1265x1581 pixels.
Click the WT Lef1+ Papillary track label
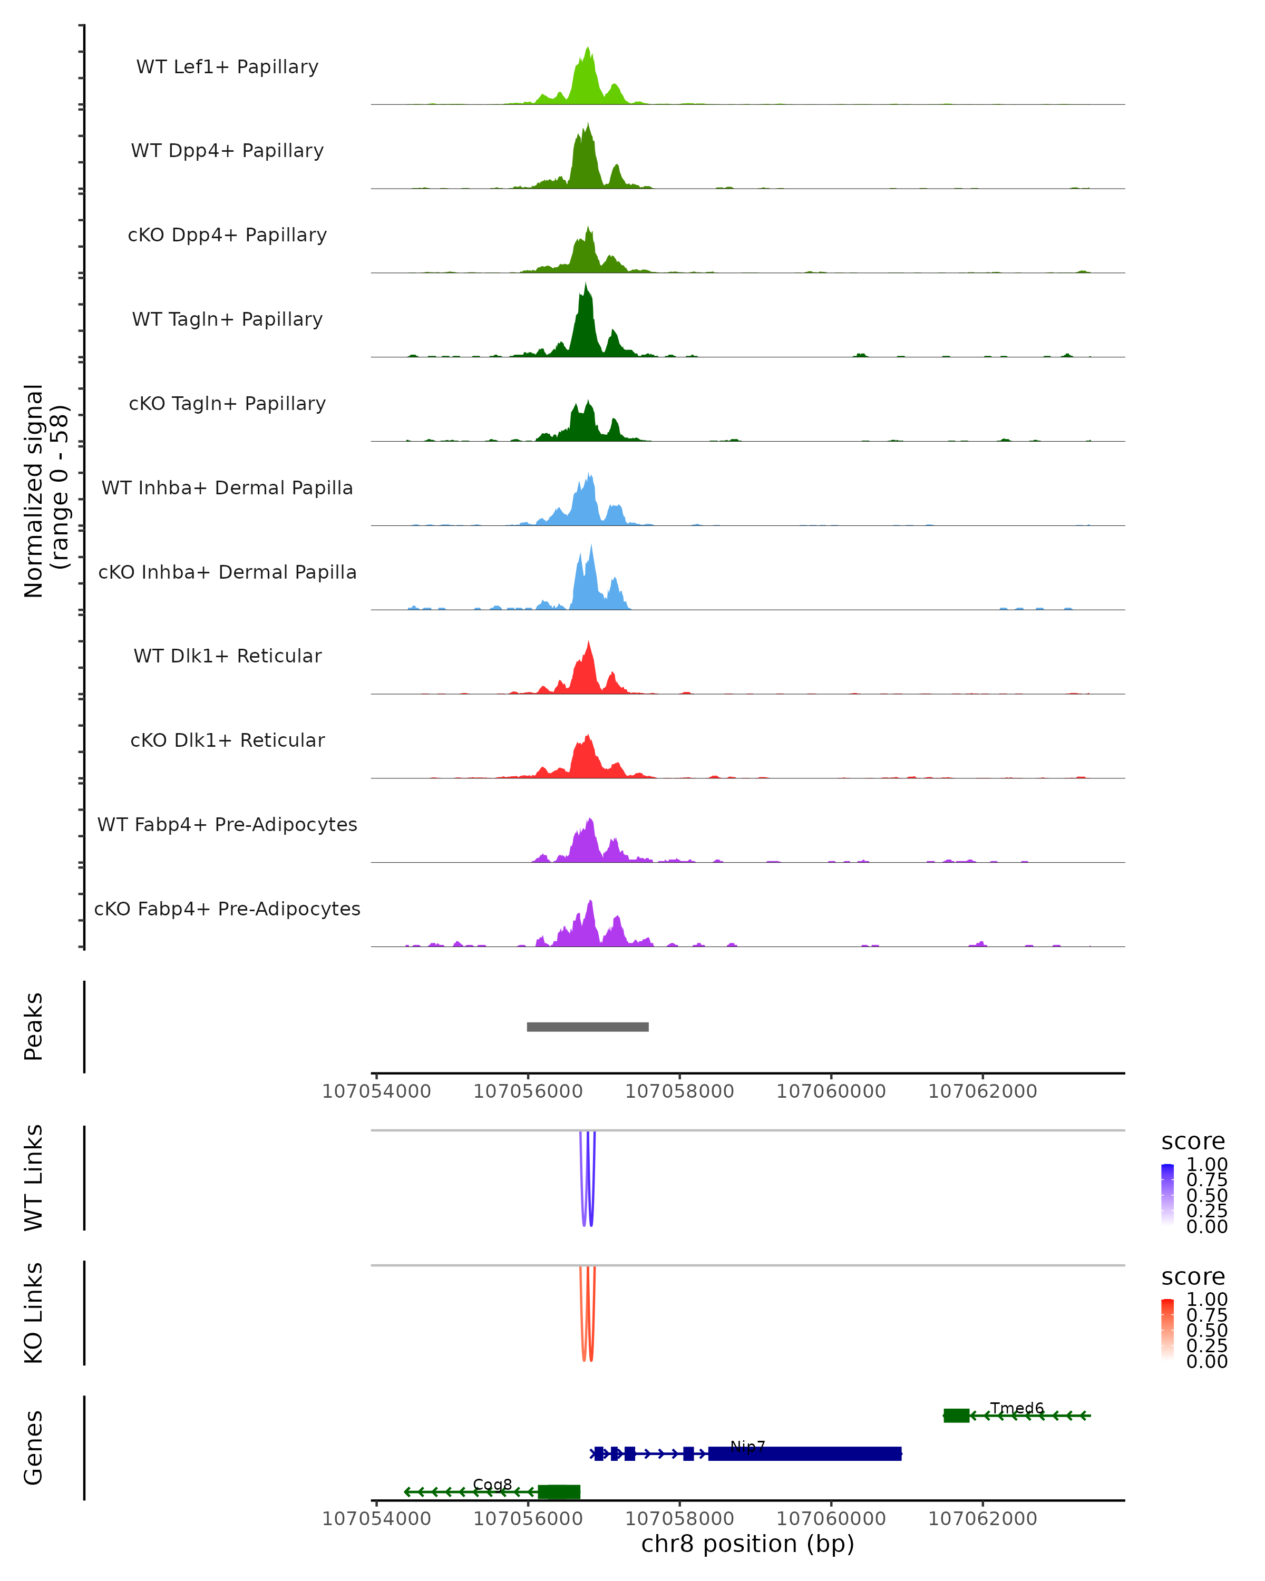tap(227, 67)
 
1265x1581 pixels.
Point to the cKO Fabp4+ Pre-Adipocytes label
tap(227, 909)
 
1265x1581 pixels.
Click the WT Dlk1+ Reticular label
tap(227, 656)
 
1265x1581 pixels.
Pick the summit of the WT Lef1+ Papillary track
tap(587, 49)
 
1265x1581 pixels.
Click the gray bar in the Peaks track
tap(587, 1027)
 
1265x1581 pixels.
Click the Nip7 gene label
tap(747, 1446)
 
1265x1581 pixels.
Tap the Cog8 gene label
tap(492, 1484)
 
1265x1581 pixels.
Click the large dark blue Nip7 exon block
tap(804, 1453)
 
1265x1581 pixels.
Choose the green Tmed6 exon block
tap(956, 1416)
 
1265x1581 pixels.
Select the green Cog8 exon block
tap(559, 1491)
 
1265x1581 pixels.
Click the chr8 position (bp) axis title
tap(747, 1544)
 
